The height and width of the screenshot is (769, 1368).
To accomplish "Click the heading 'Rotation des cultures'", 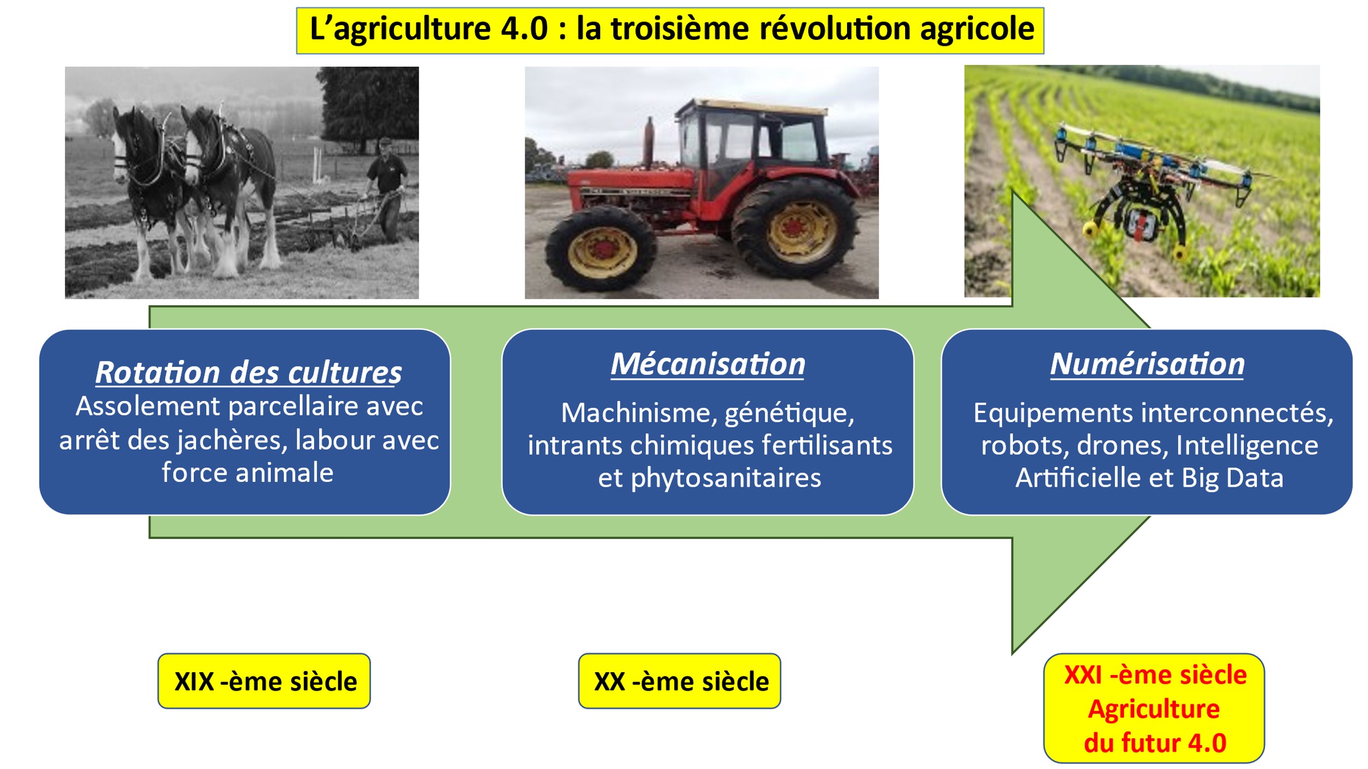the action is pyautogui.click(x=248, y=373).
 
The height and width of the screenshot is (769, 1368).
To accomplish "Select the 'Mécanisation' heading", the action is pyautogui.click(x=708, y=364).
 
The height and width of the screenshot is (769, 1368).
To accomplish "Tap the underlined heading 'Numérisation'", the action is pyautogui.click(x=1147, y=364).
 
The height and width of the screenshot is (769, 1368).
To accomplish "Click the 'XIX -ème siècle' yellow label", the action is pyautogui.click(x=264, y=681).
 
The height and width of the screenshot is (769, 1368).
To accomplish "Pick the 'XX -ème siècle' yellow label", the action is pyautogui.click(x=680, y=681).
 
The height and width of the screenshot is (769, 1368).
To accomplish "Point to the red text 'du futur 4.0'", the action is pyautogui.click(x=1155, y=743).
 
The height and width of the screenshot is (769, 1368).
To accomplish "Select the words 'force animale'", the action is pyautogui.click(x=247, y=473).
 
